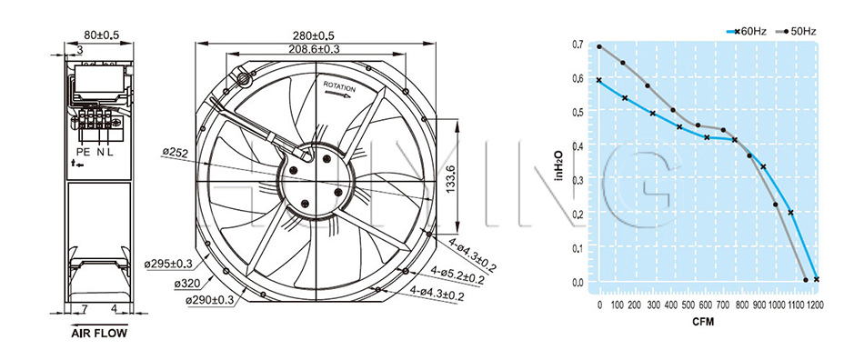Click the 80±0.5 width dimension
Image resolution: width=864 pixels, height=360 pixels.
click(101, 35)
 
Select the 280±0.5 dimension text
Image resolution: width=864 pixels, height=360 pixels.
click(313, 35)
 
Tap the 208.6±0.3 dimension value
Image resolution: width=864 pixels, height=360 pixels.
click(314, 49)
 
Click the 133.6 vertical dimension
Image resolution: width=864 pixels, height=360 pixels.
click(451, 176)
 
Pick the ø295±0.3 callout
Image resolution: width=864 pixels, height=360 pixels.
click(168, 265)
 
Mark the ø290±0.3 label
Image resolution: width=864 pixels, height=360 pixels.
click(209, 300)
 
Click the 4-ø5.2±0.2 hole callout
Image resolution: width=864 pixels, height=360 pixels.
click(457, 275)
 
